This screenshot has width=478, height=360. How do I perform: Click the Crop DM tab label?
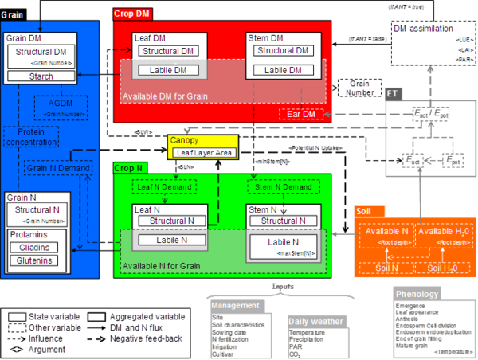click(131, 14)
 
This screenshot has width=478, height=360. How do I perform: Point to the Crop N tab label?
click(130, 169)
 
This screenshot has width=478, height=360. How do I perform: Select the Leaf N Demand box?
click(170, 187)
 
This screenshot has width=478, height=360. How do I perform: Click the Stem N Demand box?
click(282, 187)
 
